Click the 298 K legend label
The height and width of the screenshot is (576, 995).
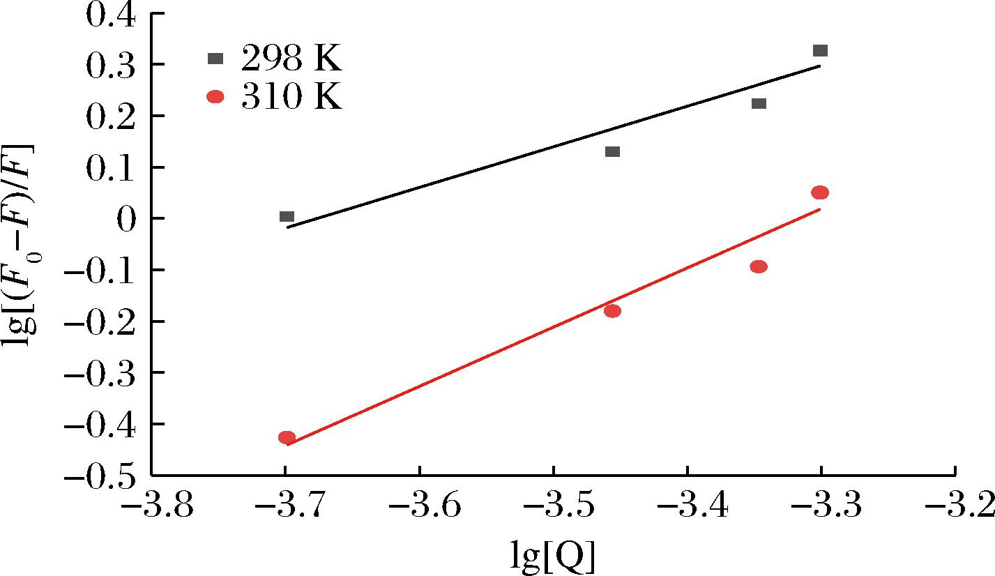click(x=291, y=61)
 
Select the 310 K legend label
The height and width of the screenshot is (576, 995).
click(x=291, y=98)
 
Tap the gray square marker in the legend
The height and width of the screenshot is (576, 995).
click(x=215, y=59)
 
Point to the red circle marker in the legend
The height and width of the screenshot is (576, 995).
click(x=215, y=97)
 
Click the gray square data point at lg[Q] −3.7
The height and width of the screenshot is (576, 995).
click(x=287, y=217)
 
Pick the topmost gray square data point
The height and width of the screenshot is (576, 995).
click(x=820, y=51)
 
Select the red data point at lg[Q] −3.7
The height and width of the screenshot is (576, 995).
click(x=287, y=438)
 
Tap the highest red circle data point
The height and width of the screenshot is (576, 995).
click(x=820, y=192)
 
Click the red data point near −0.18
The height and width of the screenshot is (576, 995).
click(x=612, y=311)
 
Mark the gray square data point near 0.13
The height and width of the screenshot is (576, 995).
click(x=612, y=152)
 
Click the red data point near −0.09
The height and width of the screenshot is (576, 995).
click(x=759, y=266)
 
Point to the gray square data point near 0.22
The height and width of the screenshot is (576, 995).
click(x=759, y=104)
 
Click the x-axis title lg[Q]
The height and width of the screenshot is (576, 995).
click(x=553, y=557)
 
